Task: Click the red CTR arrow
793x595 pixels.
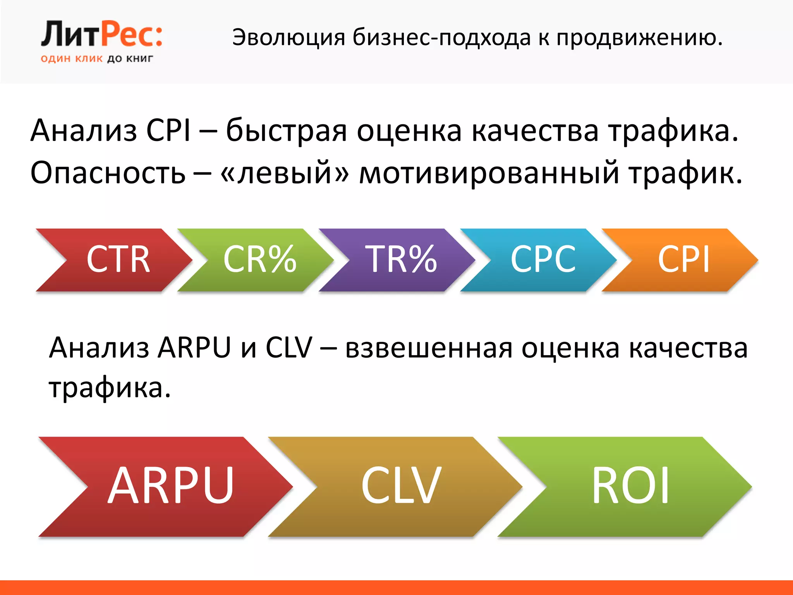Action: coord(116,260)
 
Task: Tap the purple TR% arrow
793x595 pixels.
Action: coord(401,260)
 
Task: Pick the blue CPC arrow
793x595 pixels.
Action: coord(542,260)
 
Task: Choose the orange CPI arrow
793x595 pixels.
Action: coord(683,260)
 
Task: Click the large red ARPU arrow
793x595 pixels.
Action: coord(170,486)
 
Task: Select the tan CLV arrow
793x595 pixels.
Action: coord(401,486)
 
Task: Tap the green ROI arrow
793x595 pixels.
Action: coord(629,486)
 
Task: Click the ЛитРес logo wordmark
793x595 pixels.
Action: coord(101,35)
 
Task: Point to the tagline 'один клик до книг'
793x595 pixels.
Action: coord(97,59)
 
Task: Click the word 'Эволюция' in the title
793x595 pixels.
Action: coord(288,38)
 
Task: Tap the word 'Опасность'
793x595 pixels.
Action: coord(108,173)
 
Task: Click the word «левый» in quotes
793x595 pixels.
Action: coord(285,173)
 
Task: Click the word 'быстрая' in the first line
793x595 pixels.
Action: coord(287,131)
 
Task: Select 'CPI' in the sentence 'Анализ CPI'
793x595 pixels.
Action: coord(169,131)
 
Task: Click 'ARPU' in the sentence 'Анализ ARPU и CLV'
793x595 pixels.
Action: coord(194,348)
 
